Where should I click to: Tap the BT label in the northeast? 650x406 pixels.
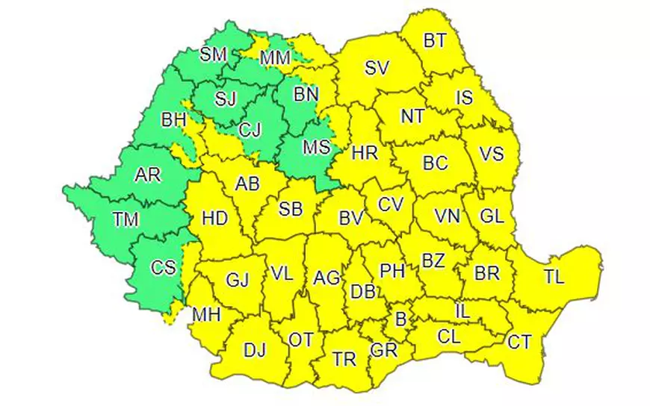(434, 40)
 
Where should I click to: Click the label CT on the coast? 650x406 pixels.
(519, 343)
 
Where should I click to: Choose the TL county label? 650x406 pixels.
(554, 277)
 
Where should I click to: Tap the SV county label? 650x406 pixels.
(377, 68)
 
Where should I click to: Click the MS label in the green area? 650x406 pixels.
(316, 148)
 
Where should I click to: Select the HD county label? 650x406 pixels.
(214, 219)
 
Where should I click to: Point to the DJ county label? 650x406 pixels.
(255, 349)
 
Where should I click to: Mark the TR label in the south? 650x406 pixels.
(344, 359)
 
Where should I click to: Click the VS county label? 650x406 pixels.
(492, 154)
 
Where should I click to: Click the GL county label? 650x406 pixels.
(492, 216)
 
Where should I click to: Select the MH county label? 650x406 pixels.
(206, 316)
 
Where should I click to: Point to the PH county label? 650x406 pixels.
(392, 271)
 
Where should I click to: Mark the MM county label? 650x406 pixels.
(276, 57)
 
